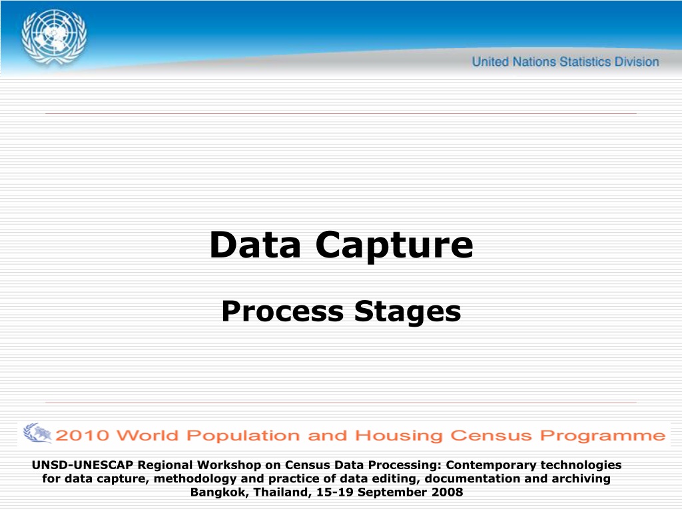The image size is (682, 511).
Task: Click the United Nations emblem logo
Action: pyautogui.click(x=54, y=38)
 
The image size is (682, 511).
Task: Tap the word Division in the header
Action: pyautogui.click(x=637, y=62)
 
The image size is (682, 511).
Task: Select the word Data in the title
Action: pyautogui.click(x=255, y=245)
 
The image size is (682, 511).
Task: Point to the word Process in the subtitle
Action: pyautogui.click(x=282, y=311)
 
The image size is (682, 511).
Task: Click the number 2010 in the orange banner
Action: pyautogui.click(x=82, y=435)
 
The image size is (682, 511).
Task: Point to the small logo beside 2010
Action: pyautogui.click(x=37, y=433)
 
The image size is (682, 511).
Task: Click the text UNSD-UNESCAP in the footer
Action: pyautogui.click(x=82, y=464)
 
